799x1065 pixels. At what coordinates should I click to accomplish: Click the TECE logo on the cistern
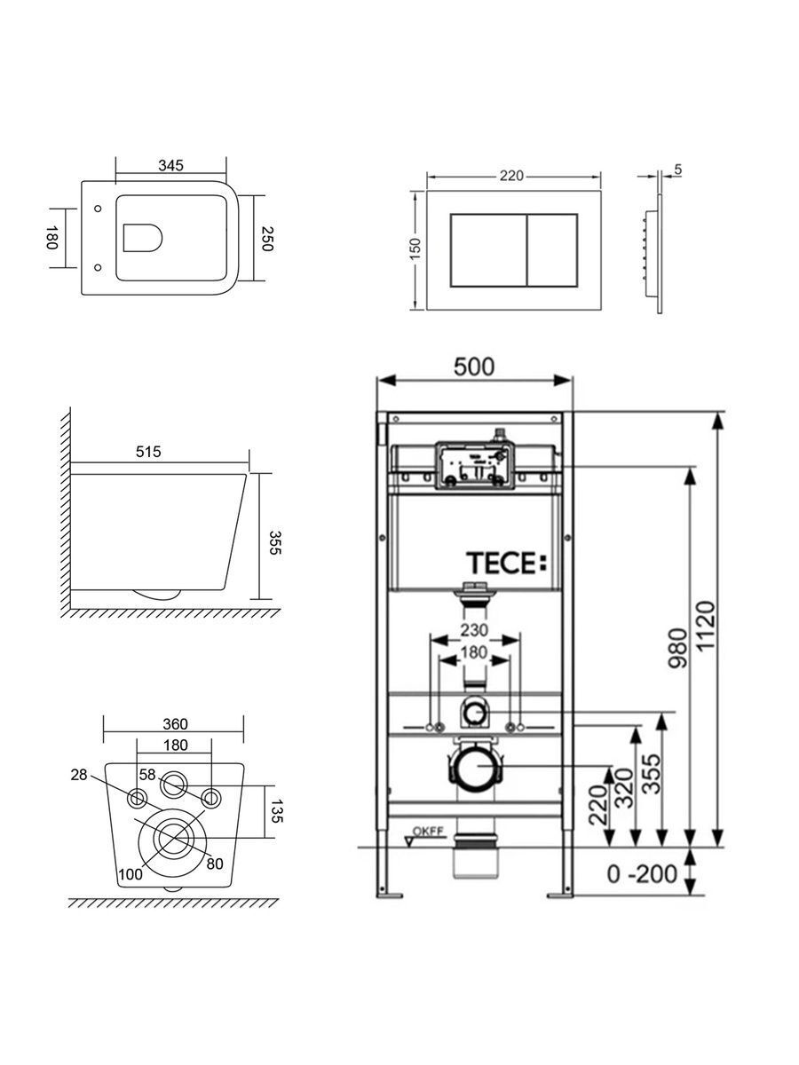[x=506, y=563]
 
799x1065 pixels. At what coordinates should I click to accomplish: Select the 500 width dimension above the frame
[x=474, y=367]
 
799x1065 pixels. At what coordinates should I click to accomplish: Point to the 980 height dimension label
[x=677, y=648]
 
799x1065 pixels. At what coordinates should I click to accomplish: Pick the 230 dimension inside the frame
[x=474, y=630]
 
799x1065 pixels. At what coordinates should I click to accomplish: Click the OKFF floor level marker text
[x=428, y=831]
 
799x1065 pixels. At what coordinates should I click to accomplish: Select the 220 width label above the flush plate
[x=512, y=176]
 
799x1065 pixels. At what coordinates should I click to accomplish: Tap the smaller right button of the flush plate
[x=552, y=250]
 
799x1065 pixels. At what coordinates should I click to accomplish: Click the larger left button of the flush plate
[x=488, y=250]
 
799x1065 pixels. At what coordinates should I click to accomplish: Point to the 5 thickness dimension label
[x=677, y=170]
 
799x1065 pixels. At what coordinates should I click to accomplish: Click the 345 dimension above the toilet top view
[x=170, y=165]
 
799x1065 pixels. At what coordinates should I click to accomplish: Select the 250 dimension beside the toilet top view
[x=267, y=238]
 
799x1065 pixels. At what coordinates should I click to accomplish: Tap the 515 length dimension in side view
[x=148, y=452]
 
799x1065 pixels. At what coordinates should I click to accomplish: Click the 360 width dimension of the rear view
[x=175, y=724]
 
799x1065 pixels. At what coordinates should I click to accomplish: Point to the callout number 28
[x=79, y=775]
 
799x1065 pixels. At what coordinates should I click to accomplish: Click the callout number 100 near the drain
[x=131, y=874]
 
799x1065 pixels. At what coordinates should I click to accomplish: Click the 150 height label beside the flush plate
[x=415, y=248]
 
